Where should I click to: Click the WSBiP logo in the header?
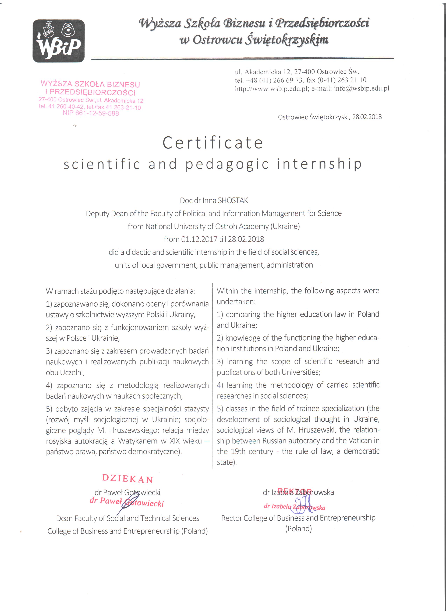[x=59, y=41]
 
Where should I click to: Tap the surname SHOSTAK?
[x=233, y=200]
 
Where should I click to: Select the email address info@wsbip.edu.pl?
[x=362, y=88]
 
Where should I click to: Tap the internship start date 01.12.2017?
[x=199, y=239]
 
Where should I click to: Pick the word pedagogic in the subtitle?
[x=227, y=164]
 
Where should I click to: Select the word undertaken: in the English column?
[x=236, y=302]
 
